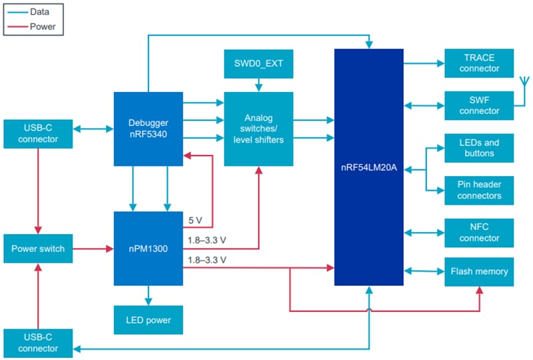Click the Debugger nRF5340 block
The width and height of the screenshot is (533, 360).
coord(148,128)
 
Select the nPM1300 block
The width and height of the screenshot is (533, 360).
coord(148,249)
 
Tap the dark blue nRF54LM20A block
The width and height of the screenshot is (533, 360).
coord(368,167)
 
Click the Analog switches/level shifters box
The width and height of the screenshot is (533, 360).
coord(258,129)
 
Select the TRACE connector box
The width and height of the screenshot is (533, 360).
coord(479,63)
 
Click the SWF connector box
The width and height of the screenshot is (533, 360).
coord(479,105)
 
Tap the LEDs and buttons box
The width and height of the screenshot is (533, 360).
coord(479,148)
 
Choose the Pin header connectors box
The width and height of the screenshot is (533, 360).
coord(479,190)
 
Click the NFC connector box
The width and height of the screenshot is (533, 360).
coord(479,232)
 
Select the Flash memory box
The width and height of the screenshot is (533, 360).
coord(479,271)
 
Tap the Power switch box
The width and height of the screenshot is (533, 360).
coord(38,249)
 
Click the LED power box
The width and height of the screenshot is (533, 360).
coord(148,320)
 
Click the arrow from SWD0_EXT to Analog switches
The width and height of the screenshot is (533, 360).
coord(258,86)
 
